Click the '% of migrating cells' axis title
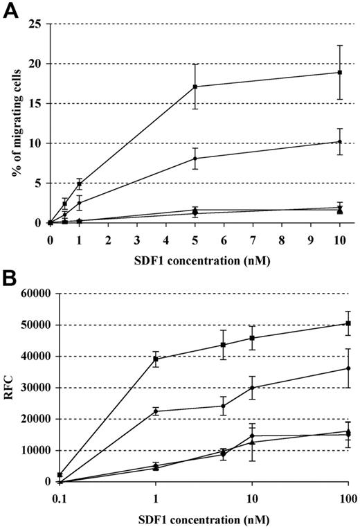tap(12, 123)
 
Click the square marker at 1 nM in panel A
tap(80, 184)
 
